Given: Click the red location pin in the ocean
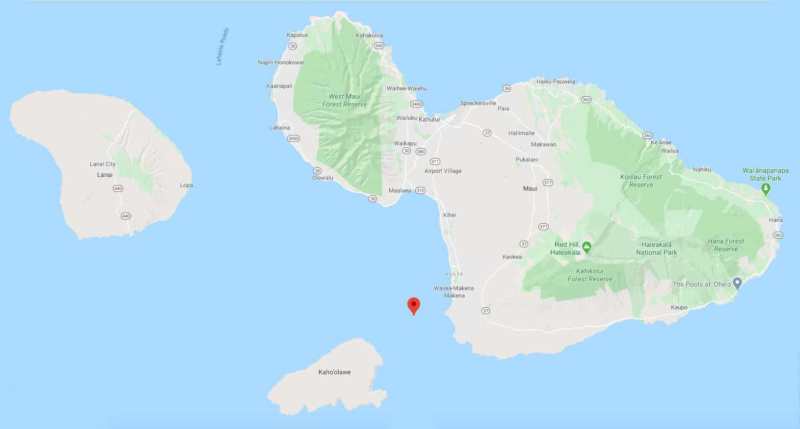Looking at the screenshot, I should [414, 305].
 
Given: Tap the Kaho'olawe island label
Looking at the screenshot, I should [334, 372].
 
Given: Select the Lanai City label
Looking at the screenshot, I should [103, 164].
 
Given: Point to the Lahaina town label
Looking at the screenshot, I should [280, 128].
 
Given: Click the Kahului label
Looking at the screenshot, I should [429, 119].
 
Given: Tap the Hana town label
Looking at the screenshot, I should [775, 220].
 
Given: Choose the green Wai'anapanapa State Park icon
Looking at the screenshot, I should [766, 188].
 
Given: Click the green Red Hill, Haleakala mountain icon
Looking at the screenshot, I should [587, 246].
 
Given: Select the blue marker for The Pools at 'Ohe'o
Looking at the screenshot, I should [737, 283].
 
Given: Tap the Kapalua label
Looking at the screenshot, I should [297, 35].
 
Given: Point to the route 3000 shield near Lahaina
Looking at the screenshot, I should [293, 138].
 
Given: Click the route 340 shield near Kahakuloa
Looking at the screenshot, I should [378, 46].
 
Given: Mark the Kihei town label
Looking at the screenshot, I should [450, 215].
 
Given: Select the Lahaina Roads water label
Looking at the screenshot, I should [222, 46].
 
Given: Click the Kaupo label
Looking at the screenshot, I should [679, 308].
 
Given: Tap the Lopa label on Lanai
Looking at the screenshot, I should [187, 185].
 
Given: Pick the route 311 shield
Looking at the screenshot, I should [435, 161].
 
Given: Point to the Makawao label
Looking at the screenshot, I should [544, 144].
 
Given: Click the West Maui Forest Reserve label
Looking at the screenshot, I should [345, 100].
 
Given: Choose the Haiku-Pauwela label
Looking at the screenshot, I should [556, 81].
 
